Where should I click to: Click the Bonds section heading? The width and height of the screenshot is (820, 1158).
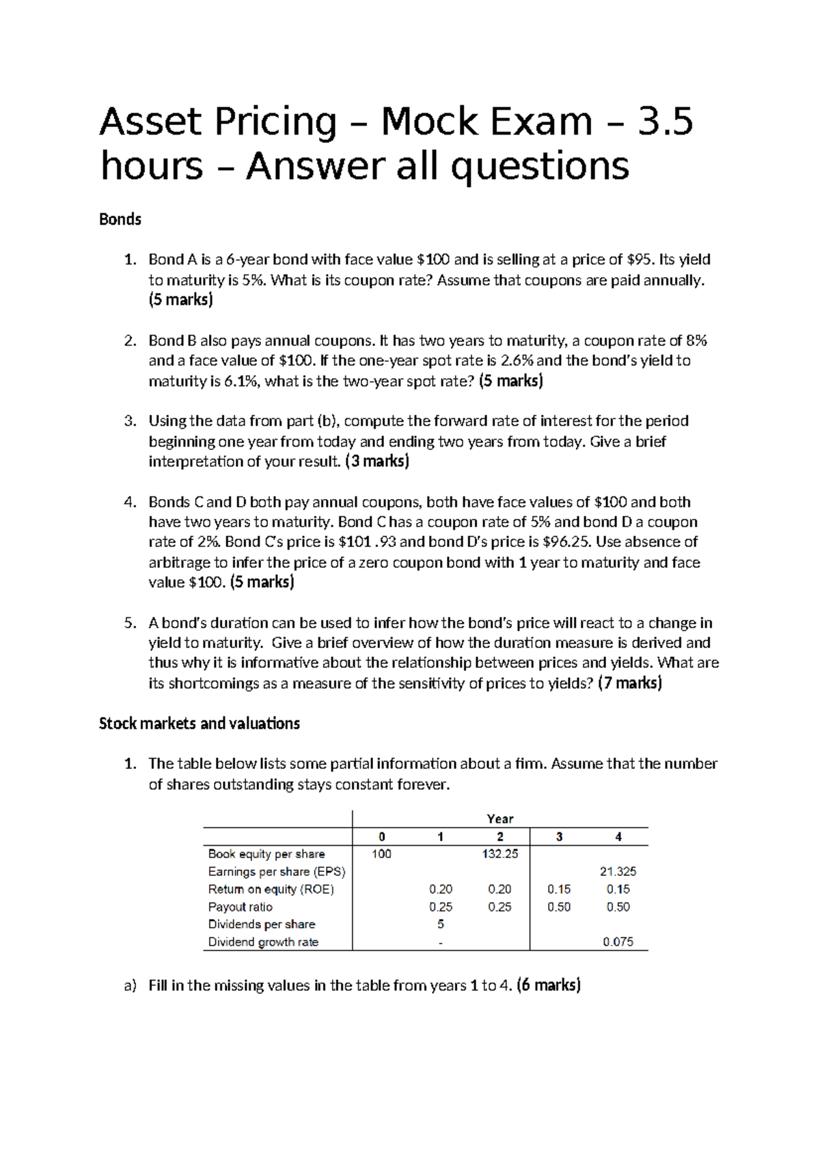(120, 219)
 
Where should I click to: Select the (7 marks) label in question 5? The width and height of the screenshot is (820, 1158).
(630, 683)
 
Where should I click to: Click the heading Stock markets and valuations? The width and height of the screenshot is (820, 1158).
(200, 723)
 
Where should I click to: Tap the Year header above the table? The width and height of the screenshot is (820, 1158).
(500, 818)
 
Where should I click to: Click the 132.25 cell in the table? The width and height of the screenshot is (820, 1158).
(500, 853)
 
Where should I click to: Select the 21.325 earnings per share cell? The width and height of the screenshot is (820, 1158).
(618, 871)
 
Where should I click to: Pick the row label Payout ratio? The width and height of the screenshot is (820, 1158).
(241, 907)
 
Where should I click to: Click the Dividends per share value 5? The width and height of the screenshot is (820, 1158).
(441, 924)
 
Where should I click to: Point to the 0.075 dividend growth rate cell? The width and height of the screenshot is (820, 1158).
(618, 942)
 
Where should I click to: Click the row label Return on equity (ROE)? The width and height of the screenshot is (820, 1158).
(271, 889)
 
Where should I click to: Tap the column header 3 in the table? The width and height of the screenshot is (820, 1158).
(559, 836)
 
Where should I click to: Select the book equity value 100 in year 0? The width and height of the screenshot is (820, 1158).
(381, 853)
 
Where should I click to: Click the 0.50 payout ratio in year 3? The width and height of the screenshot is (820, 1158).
(559, 907)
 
